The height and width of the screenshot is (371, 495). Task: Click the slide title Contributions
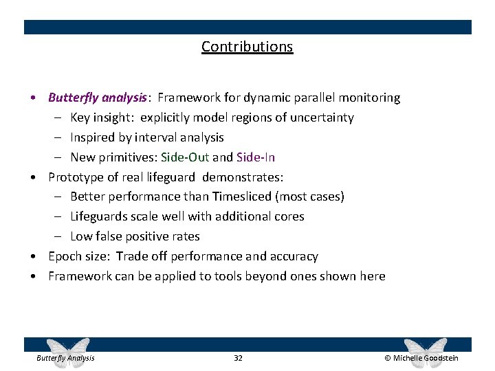click(x=247, y=47)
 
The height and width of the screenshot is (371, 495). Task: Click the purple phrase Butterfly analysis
click(x=97, y=98)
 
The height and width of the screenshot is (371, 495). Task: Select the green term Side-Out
click(x=185, y=157)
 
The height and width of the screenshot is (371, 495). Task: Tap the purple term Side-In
click(x=255, y=157)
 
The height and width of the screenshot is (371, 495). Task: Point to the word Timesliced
click(x=242, y=196)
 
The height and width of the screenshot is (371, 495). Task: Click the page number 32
click(x=238, y=358)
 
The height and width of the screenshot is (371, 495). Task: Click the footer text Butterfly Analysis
click(x=65, y=358)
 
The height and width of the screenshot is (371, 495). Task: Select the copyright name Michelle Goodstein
click(x=426, y=358)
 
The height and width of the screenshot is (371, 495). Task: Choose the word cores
click(x=289, y=216)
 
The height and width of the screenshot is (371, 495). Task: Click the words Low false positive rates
click(x=135, y=236)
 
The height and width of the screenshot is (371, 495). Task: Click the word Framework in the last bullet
click(x=78, y=276)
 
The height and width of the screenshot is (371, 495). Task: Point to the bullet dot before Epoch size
click(x=34, y=257)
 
